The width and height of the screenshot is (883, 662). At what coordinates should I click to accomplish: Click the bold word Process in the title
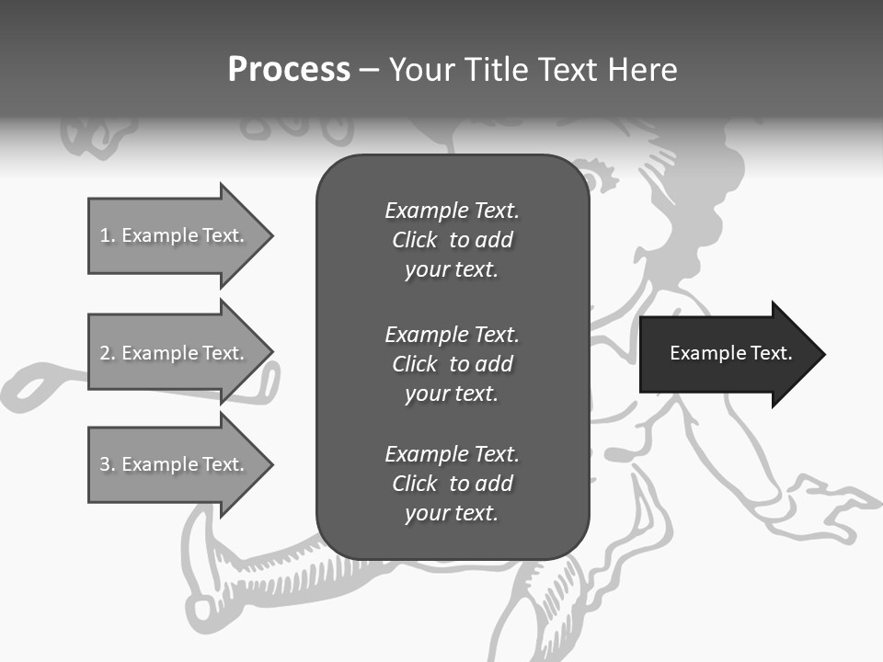click(289, 70)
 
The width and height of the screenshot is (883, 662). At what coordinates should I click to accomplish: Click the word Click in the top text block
click(415, 240)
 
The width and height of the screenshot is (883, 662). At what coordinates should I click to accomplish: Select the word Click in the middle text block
click(415, 364)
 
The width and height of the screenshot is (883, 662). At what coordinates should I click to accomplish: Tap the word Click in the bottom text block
click(415, 484)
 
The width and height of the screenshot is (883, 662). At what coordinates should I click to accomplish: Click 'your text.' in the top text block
click(452, 270)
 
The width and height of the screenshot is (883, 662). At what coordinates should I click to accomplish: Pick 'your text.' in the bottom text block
click(452, 514)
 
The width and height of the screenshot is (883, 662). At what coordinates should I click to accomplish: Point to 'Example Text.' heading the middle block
click(452, 334)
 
